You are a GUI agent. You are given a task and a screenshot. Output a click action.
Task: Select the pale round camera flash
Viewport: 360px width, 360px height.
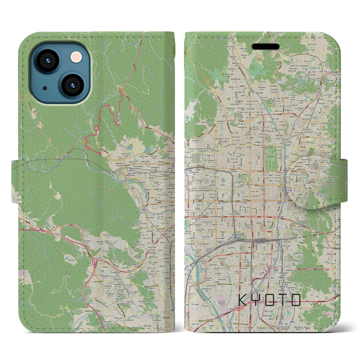tap(76, 57)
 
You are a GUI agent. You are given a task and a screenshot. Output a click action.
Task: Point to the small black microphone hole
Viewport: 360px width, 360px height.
tap(45, 88)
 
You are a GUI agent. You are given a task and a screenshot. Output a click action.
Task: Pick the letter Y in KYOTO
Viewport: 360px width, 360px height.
tap(256, 300)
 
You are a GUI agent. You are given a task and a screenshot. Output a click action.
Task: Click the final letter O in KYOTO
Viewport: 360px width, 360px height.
tap(296, 300)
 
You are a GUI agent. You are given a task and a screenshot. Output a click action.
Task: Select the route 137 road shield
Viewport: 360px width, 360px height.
tap(98, 143)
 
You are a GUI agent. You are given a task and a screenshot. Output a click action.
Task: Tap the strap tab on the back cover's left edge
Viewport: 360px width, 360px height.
tap(16, 181)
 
